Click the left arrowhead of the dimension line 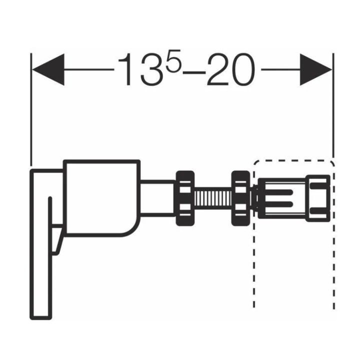tap(48, 69)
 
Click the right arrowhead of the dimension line tap(316, 69)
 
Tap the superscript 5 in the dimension tap(173, 61)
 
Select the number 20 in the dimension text tap(231, 69)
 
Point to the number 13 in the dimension tap(141, 69)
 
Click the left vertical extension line tap(31, 109)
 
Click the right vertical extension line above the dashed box tap(333, 105)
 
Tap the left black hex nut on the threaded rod tap(185, 198)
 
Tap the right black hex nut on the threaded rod tap(240, 198)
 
